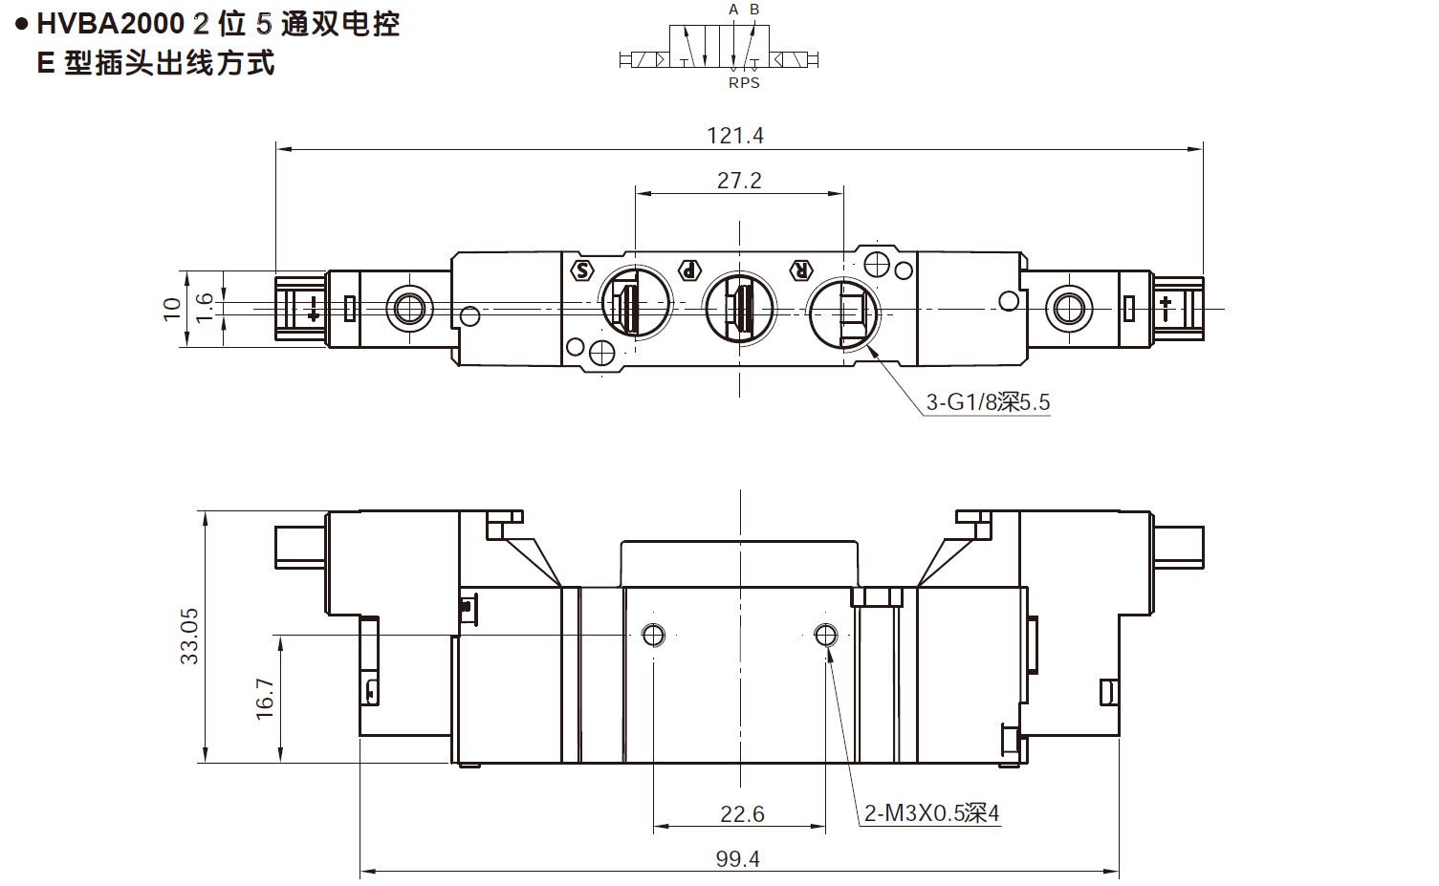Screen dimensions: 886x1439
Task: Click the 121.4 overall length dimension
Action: click(x=734, y=136)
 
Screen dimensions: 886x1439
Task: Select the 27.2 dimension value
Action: click(x=739, y=181)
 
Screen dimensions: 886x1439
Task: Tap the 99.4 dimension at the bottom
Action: click(x=737, y=858)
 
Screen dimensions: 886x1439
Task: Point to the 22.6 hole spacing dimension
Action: click(x=742, y=813)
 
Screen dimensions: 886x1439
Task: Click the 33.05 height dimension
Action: click(x=189, y=637)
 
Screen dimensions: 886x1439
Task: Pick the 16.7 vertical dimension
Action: click(x=265, y=699)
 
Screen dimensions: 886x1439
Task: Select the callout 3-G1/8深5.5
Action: click(x=988, y=402)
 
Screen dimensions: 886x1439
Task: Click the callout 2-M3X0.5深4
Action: click(x=931, y=813)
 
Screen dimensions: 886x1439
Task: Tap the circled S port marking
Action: click(x=581, y=270)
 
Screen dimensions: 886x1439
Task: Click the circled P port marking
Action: click(x=689, y=270)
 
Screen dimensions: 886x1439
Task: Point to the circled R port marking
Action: click(x=801, y=270)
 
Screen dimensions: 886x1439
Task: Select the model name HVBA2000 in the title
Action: click(x=110, y=24)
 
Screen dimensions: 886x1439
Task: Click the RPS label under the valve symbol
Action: click(x=744, y=83)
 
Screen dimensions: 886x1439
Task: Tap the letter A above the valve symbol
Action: click(x=733, y=10)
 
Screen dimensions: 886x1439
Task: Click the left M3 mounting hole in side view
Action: click(x=654, y=635)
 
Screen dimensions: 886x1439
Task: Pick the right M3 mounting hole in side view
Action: click(x=826, y=635)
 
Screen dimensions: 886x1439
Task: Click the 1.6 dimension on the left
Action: click(x=205, y=308)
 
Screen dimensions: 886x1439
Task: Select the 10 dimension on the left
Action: click(x=172, y=308)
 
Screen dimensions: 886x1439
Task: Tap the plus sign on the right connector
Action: click(x=1166, y=306)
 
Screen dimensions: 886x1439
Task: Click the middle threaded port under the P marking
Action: click(x=739, y=308)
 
